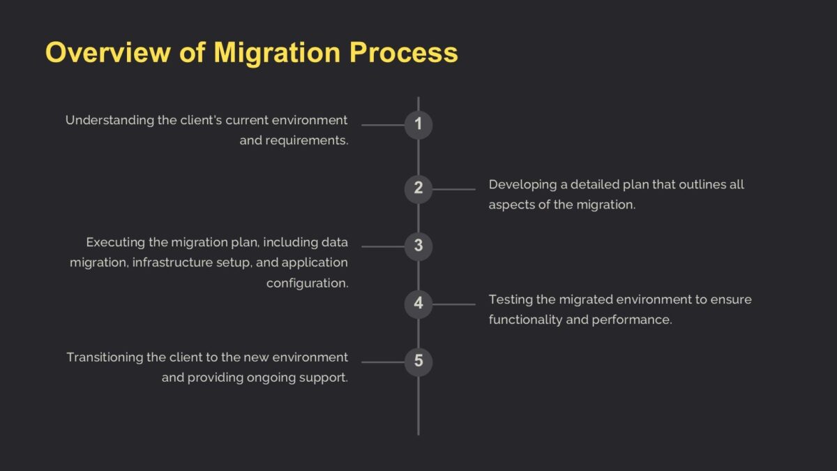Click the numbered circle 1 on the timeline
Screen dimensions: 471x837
click(x=418, y=125)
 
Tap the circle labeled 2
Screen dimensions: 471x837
click(x=418, y=188)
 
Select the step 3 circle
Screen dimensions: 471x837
click(x=418, y=246)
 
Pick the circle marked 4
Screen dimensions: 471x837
click(x=418, y=304)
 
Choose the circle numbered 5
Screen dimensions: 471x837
click(x=418, y=361)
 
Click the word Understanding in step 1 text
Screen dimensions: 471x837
click(x=110, y=120)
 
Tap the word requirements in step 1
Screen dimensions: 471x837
click(x=306, y=140)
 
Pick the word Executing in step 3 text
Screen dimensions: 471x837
click(x=113, y=242)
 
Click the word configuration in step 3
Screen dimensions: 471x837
click(x=307, y=283)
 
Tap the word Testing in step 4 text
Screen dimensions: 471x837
click(x=511, y=299)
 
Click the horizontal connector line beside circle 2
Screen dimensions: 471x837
click(x=453, y=188)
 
